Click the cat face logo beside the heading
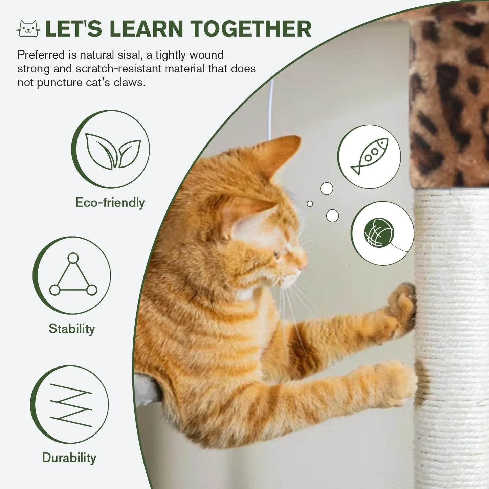[28, 29]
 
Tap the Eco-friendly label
[110, 203]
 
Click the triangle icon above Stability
[73, 275]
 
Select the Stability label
[72, 329]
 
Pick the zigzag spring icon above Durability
[71, 405]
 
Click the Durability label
[69, 458]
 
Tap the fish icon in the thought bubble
[370, 156]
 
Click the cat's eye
[277, 254]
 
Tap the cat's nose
[305, 262]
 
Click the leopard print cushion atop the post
[448, 95]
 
